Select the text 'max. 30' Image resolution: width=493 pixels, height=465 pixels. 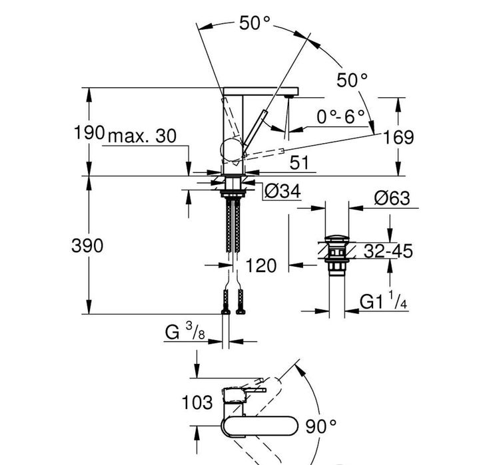point(141,136)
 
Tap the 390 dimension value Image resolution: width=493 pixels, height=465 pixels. point(87,245)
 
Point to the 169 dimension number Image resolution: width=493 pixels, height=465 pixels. point(398,137)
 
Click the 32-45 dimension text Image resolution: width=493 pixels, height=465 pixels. point(388,251)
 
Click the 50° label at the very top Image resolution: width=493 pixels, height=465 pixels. point(255,22)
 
